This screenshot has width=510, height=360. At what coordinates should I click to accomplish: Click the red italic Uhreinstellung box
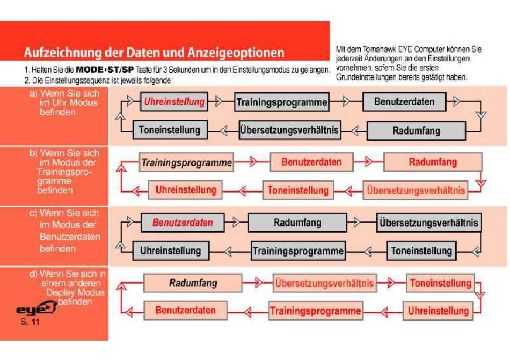174,102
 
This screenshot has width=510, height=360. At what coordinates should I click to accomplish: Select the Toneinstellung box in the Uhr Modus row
170,130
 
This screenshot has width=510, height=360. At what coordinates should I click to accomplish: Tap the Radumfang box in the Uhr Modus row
417,131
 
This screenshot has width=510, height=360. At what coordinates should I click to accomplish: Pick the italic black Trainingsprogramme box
186,162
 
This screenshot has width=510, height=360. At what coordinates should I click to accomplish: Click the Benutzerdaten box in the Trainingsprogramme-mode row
311,162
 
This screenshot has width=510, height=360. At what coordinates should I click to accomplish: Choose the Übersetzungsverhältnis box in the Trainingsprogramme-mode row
416,190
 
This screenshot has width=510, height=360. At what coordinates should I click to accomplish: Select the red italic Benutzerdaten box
183,223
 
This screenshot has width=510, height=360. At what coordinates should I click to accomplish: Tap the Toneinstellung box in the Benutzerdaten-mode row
421,251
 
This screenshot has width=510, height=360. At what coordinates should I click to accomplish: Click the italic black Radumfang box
193,283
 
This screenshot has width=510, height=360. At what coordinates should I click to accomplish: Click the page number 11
35,322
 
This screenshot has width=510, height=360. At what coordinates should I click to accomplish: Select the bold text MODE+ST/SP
105,70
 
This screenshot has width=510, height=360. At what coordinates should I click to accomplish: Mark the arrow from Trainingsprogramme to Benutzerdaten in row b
252,161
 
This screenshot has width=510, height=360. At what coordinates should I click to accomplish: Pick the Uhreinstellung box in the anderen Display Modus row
438,311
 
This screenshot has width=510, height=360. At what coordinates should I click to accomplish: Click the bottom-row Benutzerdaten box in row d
185,310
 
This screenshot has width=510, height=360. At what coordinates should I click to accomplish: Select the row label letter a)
33,94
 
